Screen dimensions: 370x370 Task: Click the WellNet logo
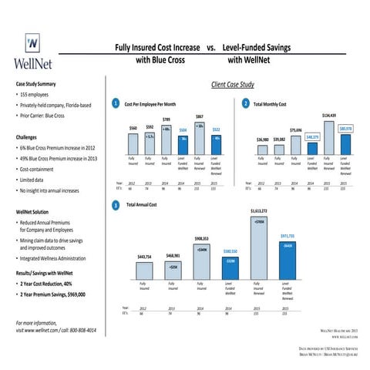tap(31, 51)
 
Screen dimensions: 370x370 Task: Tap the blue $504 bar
tap(183, 143)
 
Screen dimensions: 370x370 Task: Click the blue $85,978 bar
tap(345, 141)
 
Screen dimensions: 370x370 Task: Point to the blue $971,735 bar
tap(286, 257)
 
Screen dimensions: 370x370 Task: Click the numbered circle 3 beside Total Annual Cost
tap(115, 206)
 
